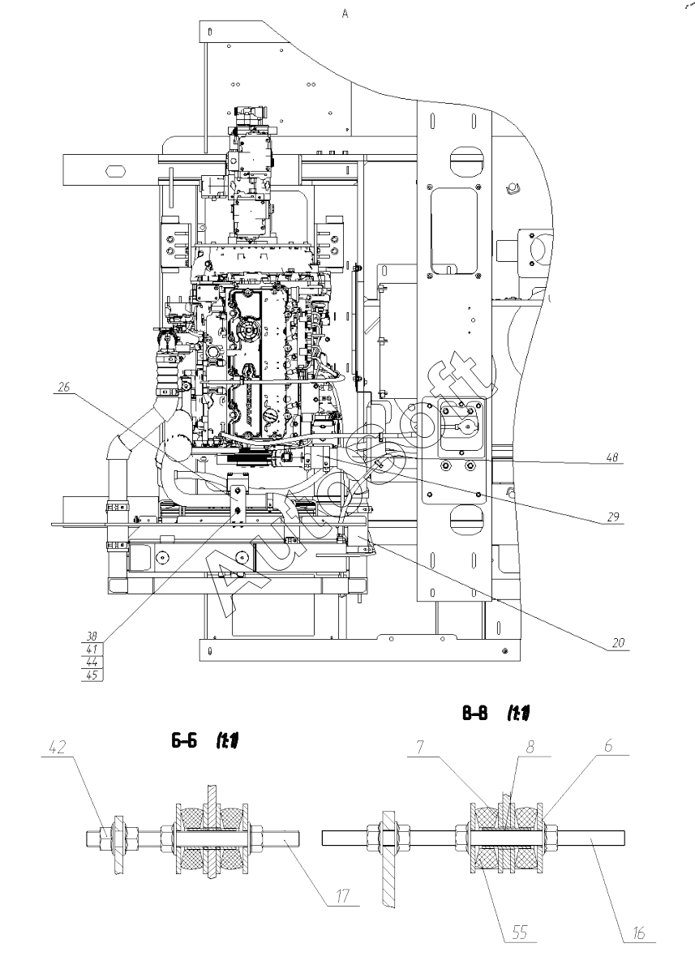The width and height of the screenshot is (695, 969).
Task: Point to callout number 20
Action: pyautogui.click(x=619, y=643)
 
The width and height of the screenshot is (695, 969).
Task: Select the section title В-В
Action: pyautogui.click(x=476, y=714)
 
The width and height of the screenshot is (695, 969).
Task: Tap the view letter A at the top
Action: pyautogui.click(x=346, y=14)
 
